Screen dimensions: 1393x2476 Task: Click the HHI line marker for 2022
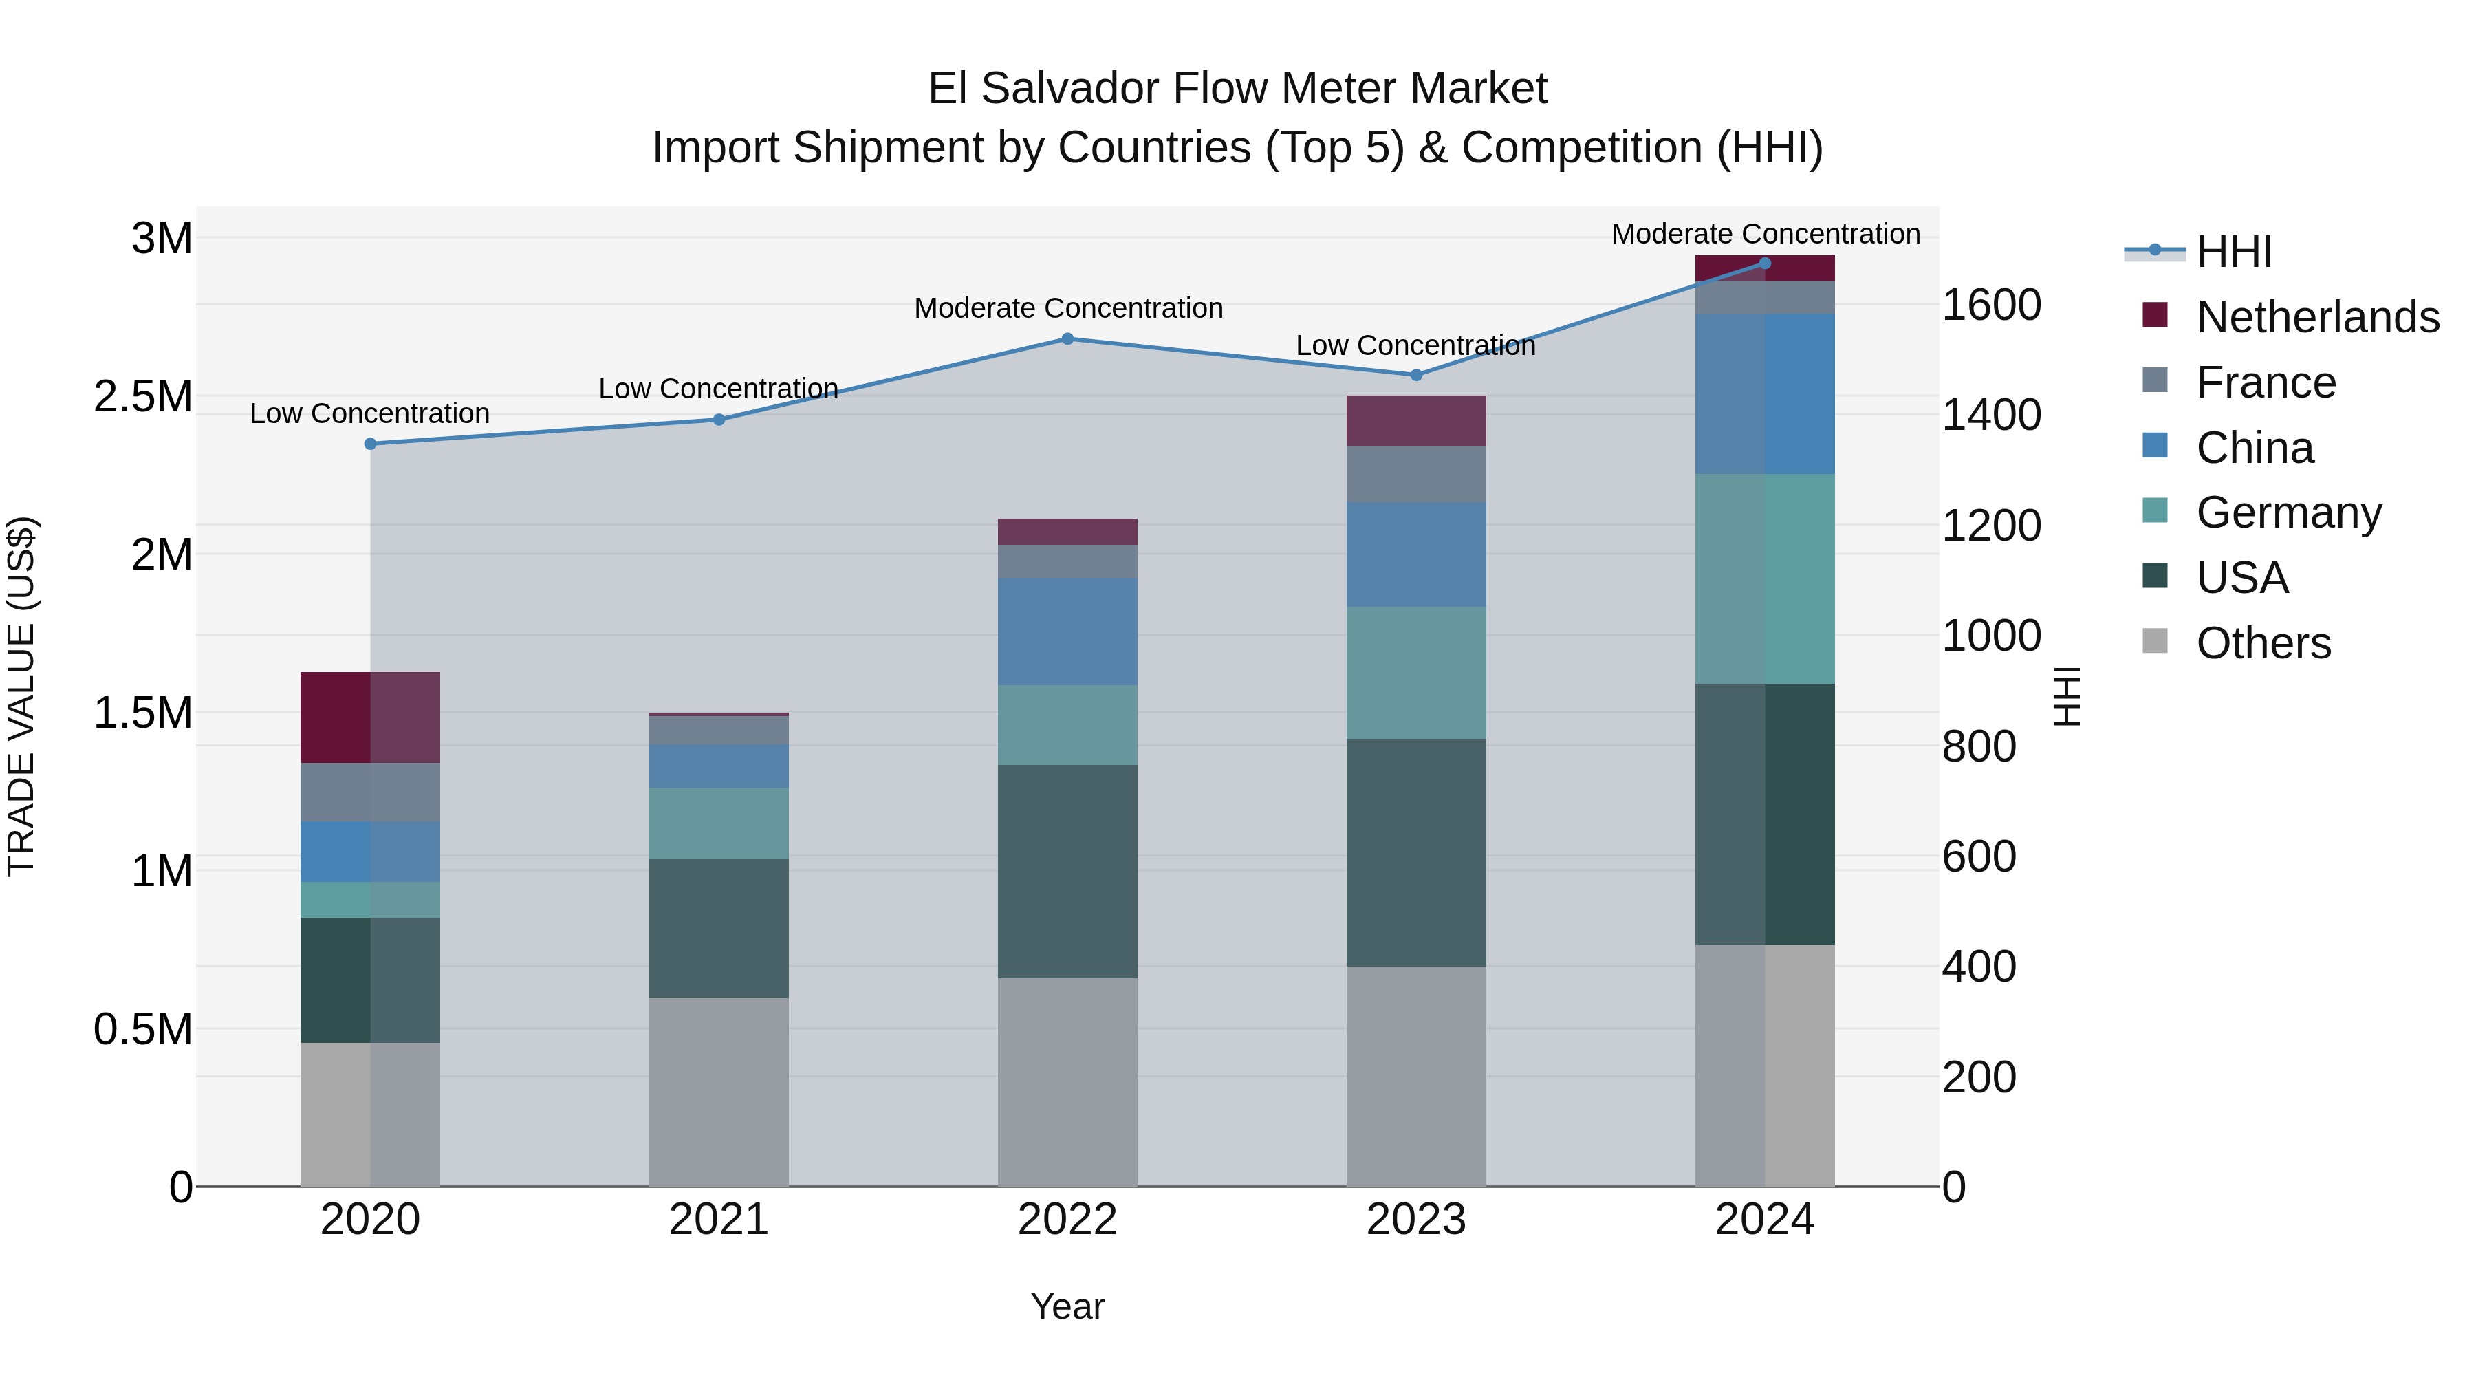click(x=1067, y=338)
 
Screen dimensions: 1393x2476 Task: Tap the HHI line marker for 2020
click(x=370, y=443)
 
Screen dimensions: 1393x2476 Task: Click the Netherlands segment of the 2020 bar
click(x=370, y=717)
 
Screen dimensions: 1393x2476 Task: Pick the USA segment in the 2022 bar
click(x=1067, y=871)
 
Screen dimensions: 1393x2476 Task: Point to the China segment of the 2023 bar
click(x=1416, y=554)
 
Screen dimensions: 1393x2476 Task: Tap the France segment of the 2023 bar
click(x=1416, y=474)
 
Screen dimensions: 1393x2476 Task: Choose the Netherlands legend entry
click(x=2317, y=317)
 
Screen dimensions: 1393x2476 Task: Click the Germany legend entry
click(x=2288, y=512)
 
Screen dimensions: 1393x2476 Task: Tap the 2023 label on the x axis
click(x=1416, y=1220)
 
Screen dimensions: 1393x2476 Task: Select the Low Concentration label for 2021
click(x=718, y=389)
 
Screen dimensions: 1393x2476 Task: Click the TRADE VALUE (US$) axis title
click(x=21, y=696)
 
